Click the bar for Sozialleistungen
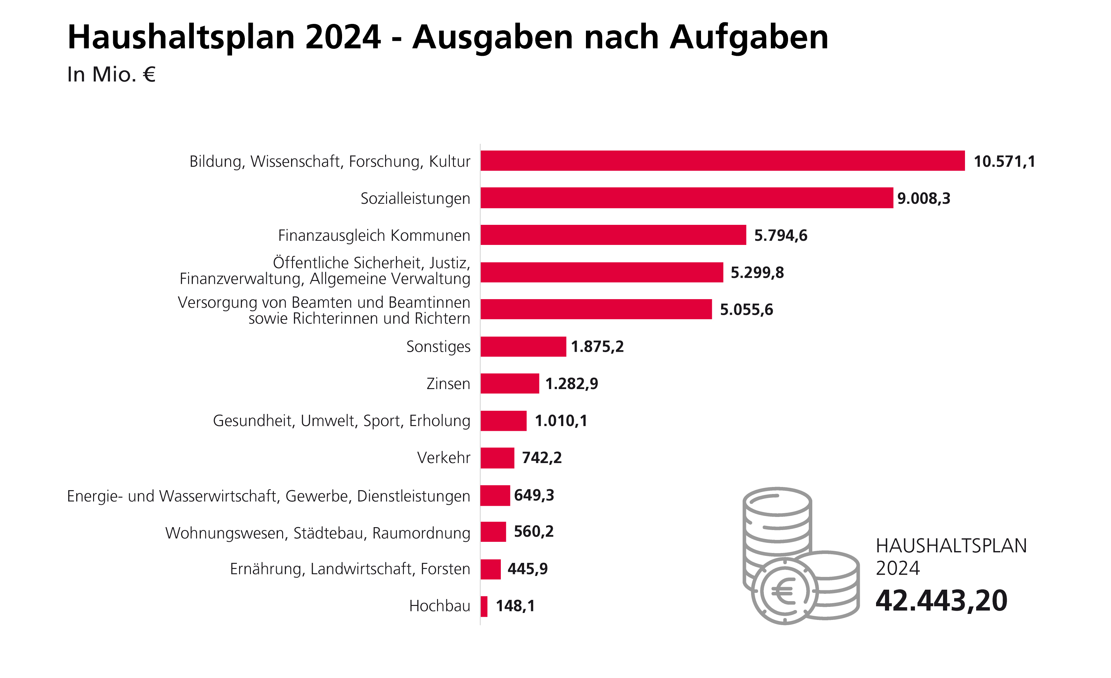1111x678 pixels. tap(686, 198)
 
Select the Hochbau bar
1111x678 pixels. tap(484, 606)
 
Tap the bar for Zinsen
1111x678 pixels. tap(509, 383)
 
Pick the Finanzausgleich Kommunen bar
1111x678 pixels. tap(613, 235)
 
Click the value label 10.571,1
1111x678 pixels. tap(1004, 161)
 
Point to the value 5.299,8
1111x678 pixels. tap(757, 272)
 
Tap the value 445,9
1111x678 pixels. tap(528, 569)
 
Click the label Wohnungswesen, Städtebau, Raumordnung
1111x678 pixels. tap(318, 533)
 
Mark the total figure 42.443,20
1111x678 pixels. tap(941, 601)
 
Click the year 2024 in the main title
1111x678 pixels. tap(343, 37)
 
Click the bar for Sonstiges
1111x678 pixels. tap(523, 346)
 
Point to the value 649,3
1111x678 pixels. tap(534, 495)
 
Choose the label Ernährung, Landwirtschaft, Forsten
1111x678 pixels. tap(350, 569)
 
